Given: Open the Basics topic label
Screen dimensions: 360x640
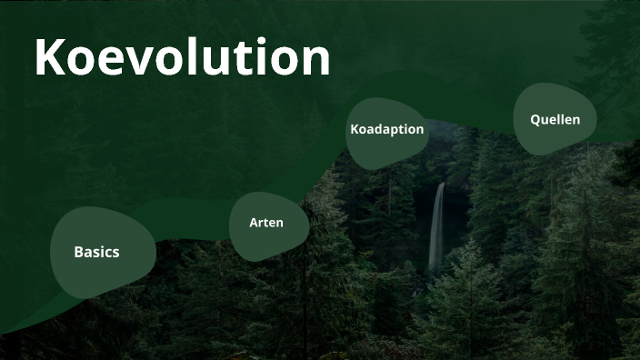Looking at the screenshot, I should [96, 252].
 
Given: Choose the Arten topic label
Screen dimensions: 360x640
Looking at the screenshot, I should [266, 223].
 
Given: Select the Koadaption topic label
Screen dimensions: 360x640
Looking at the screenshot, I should [387, 129].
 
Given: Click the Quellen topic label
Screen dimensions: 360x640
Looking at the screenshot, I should [555, 119].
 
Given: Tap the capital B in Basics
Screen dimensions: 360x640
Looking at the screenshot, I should [79, 252].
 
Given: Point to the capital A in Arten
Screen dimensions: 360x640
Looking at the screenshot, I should [255, 223].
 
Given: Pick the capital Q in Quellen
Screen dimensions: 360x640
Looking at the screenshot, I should [535, 119].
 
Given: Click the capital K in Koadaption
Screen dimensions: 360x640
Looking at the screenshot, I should [355, 129].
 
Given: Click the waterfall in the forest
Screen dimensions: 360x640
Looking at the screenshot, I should [437, 227].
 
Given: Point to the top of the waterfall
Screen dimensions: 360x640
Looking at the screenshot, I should [441, 185].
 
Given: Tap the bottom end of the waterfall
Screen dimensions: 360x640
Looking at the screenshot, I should [434, 270].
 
